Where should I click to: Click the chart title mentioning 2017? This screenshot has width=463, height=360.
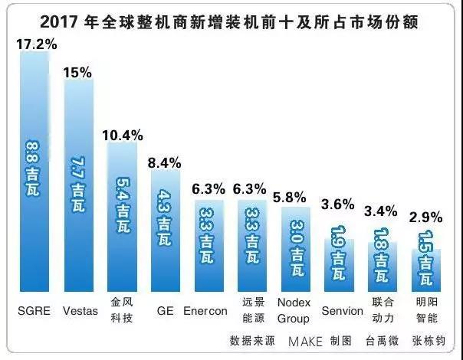point(231,17)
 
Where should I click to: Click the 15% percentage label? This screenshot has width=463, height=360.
point(78,73)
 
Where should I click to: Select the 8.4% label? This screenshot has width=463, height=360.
point(164,162)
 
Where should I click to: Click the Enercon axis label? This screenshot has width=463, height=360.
point(206,311)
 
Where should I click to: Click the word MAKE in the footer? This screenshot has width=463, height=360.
point(305,341)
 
